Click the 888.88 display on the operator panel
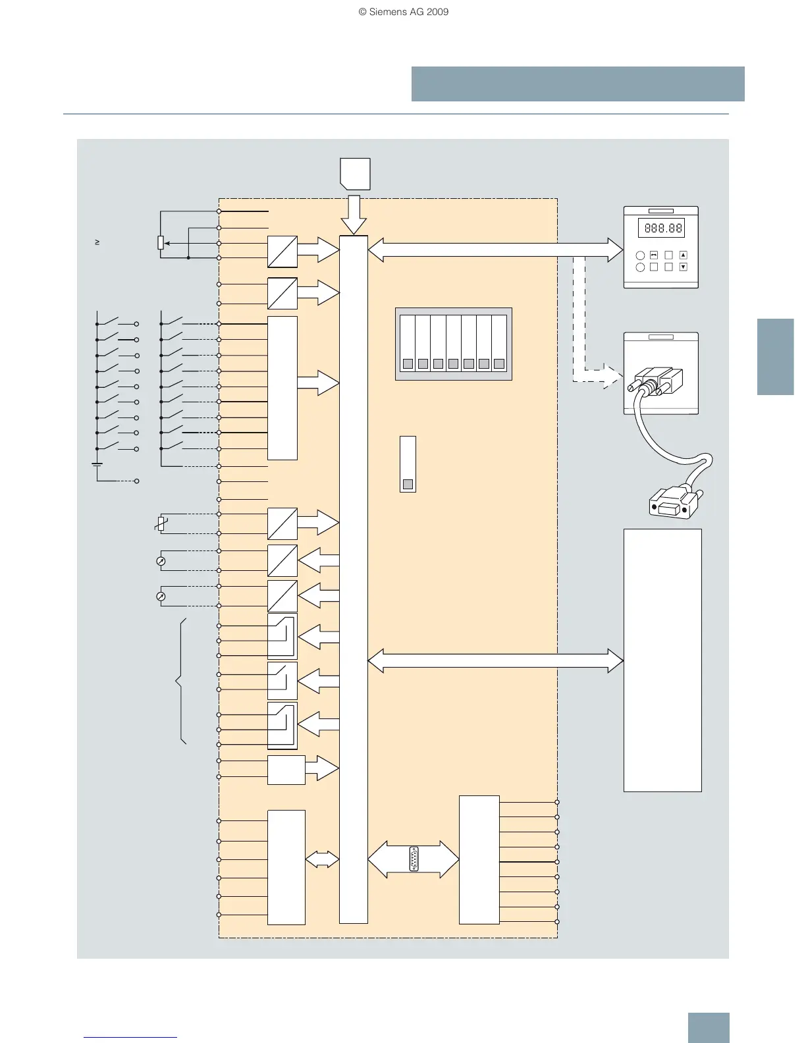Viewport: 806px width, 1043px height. pyautogui.click(x=661, y=228)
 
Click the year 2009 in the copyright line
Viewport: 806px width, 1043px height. pyautogui.click(x=438, y=12)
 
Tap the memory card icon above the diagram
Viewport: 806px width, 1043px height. pyautogui.click(x=355, y=173)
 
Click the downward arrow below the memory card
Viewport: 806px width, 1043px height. pyautogui.click(x=354, y=214)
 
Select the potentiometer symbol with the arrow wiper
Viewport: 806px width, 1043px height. pyautogui.click(x=161, y=243)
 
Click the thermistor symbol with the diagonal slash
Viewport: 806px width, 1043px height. pyautogui.click(x=159, y=524)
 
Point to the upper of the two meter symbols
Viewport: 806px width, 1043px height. pyautogui.click(x=160, y=561)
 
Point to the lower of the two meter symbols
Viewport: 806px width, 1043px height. pyautogui.click(x=160, y=597)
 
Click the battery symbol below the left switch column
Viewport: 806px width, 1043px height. pyautogui.click(x=97, y=465)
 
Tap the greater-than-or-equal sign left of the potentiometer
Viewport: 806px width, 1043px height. pyautogui.click(x=97, y=243)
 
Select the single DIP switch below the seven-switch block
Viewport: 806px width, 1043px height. pyautogui.click(x=408, y=464)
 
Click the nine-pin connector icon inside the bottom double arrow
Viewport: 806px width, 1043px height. pyautogui.click(x=414, y=859)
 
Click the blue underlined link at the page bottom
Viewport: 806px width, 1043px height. pyautogui.click(x=130, y=1036)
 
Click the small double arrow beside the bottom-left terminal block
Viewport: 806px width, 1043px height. pyautogui.click(x=322, y=859)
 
